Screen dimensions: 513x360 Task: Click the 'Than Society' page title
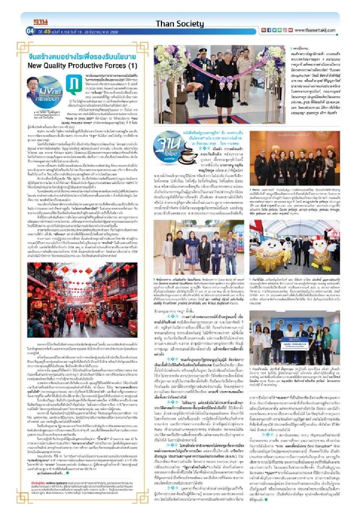180,24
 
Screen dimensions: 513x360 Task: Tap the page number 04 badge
30,31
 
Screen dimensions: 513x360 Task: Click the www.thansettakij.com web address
315,30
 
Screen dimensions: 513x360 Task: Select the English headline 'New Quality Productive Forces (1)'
82,66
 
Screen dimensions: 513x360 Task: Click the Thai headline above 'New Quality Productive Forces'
82,57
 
